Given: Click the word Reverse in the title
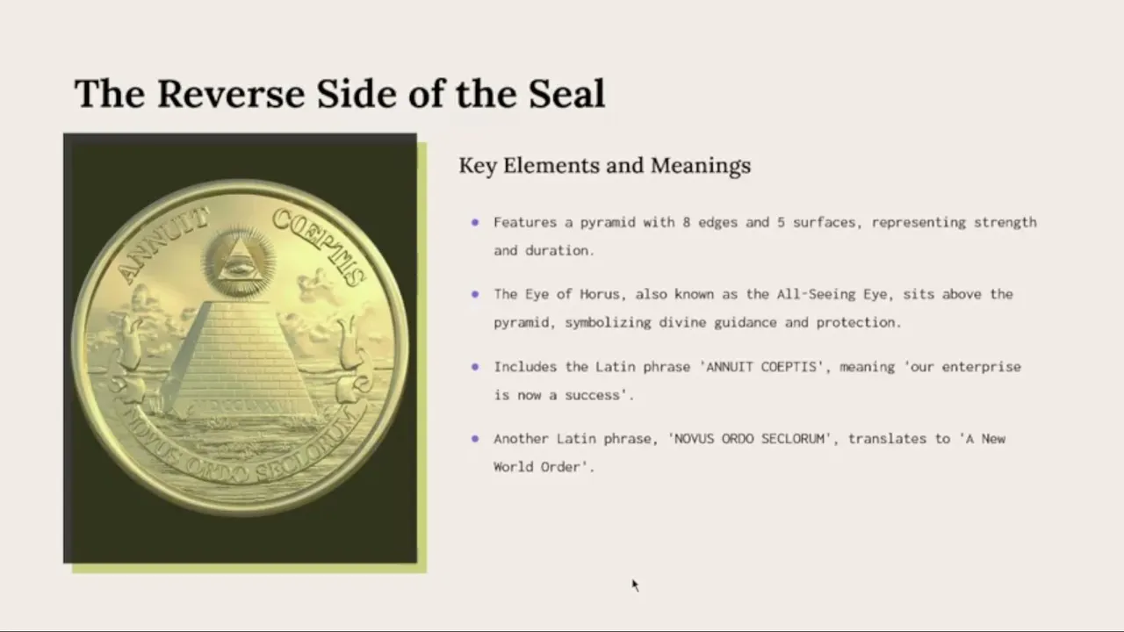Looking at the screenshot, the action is [x=231, y=94].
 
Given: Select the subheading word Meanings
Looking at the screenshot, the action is [x=701, y=166].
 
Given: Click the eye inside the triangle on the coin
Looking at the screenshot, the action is [x=239, y=266].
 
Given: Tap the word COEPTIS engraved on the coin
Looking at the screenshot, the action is [x=319, y=246].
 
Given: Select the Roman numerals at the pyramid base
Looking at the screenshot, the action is [x=246, y=406].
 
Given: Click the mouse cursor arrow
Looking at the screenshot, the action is [x=635, y=585].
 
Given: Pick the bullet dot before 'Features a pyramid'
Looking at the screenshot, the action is [x=475, y=222].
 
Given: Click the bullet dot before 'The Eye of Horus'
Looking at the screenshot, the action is [x=475, y=294].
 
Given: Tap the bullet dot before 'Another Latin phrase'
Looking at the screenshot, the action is [x=475, y=439].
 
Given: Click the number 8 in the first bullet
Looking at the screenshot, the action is [x=686, y=222].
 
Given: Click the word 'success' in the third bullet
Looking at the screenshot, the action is [x=592, y=396].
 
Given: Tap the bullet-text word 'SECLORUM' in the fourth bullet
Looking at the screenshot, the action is [x=792, y=439].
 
